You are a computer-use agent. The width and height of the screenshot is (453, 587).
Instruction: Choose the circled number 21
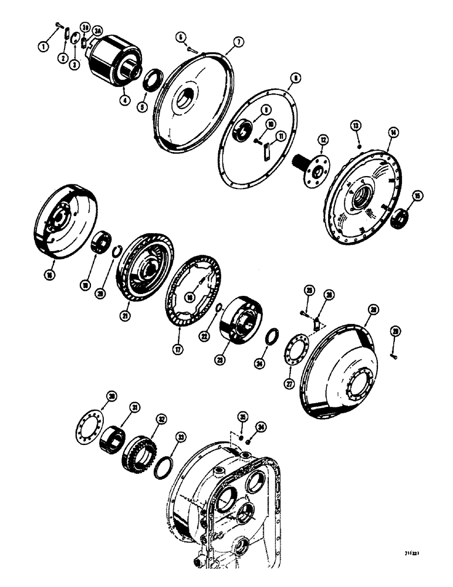[124, 316]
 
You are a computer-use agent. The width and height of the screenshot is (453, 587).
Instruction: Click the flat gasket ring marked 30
[90, 425]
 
